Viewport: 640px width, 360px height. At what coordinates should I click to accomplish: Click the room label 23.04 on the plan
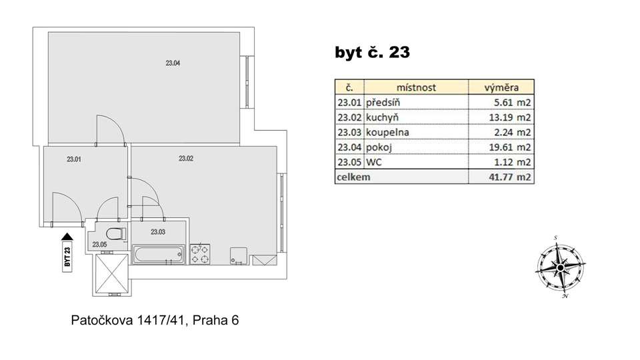[x=173, y=63]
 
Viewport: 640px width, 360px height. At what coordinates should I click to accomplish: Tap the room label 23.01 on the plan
[x=74, y=159]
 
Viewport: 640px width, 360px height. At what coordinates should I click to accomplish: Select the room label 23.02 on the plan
[x=186, y=159]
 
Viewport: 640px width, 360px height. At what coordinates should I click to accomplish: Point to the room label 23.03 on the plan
[x=158, y=232]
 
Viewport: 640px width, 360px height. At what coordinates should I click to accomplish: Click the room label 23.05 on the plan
[x=99, y=245]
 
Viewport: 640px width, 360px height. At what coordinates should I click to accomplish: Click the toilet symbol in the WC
[x=116, y=234]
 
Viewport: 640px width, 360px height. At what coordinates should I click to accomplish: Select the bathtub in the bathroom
[x=158, y=254]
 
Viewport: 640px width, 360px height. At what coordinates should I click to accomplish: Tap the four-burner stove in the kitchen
[x=200, y=254]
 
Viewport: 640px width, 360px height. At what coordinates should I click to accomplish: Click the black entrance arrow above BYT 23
[x=67, y=236]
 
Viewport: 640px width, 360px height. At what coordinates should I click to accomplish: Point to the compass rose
[x=560, y=267]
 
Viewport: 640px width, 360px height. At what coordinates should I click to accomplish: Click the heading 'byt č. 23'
[x=372, y=52]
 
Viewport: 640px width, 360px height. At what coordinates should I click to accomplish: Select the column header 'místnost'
[x=416, y=87]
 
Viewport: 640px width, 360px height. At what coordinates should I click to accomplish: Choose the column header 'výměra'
[x=501, y=87]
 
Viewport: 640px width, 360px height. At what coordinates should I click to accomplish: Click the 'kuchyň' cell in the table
[x=382, y=117]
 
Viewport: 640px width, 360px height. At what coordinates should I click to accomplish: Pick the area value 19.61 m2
[x=510, y=147]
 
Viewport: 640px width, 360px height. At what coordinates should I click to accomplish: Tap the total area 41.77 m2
[x=510, y=177]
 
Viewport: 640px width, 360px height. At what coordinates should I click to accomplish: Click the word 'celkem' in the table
[x=353, y=177]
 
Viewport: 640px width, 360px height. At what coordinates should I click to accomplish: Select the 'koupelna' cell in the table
[x=387, y=132]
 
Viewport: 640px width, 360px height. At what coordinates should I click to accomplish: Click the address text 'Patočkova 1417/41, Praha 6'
[x=155, y=320]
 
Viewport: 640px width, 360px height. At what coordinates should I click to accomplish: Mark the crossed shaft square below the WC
[x=111, y=274]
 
